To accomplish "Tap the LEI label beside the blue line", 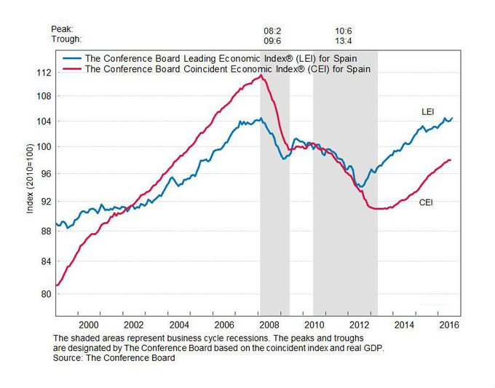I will click(x=429, y=112).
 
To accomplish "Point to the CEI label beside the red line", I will click(x=426, y=202).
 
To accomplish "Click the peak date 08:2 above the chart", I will click(x=272, y=31).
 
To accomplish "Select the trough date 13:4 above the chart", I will click(x=344, y=40).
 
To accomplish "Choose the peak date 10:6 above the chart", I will click(x=344, y=31).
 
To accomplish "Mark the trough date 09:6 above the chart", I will click(x=272, y=40).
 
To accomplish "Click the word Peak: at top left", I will click(x=63, y=30).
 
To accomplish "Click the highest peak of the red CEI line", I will click(x=261, y=76).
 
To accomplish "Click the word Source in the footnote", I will click(x=71, y=357).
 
